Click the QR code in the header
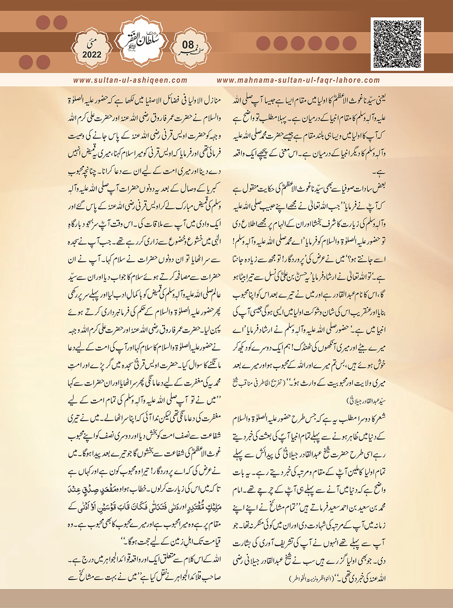point(397,44)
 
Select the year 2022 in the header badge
point(92,55)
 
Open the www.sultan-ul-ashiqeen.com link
point(130,80)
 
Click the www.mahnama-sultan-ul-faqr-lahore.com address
point(298,80)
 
